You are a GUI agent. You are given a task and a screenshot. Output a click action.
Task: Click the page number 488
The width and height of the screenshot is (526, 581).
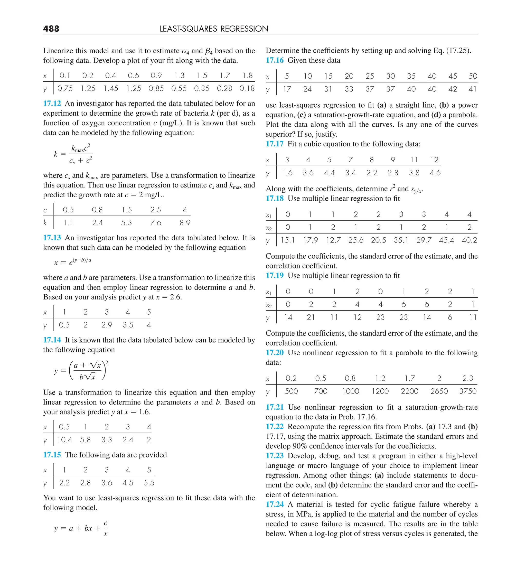coord(51,29)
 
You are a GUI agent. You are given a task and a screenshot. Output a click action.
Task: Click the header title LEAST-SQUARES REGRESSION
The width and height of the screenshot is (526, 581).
coord(214,29)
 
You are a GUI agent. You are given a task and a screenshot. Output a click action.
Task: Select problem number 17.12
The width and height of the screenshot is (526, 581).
coord(52,104)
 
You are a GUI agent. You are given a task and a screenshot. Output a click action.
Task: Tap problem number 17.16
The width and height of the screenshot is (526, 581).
coord(274,60)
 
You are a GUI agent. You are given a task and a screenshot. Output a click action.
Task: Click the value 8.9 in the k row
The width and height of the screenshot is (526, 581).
coord(185,223)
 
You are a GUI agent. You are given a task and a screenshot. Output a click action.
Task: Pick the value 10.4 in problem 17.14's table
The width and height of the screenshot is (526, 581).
coord(64,440)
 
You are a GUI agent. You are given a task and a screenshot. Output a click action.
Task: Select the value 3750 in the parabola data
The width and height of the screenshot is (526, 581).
coord(468,391)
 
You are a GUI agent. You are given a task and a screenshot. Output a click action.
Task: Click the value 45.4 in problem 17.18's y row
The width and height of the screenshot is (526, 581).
coord(446,240)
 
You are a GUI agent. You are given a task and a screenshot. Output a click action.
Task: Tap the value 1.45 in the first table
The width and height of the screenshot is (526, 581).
coord(111,88)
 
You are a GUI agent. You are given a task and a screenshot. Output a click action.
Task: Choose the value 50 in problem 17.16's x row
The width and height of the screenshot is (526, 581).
coord(473,76)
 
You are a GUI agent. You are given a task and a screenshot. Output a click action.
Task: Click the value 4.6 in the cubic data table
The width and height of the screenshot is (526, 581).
coord(435,173)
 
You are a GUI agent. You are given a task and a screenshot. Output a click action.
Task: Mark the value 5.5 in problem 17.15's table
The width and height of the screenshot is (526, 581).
coord(149,483)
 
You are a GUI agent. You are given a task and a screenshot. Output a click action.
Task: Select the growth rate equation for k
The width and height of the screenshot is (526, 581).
coord(73,154)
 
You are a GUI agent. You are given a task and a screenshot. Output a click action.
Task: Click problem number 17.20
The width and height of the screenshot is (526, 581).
coord(274,353)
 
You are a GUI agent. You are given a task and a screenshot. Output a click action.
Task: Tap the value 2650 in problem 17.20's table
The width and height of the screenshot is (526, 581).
coord(439,391)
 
